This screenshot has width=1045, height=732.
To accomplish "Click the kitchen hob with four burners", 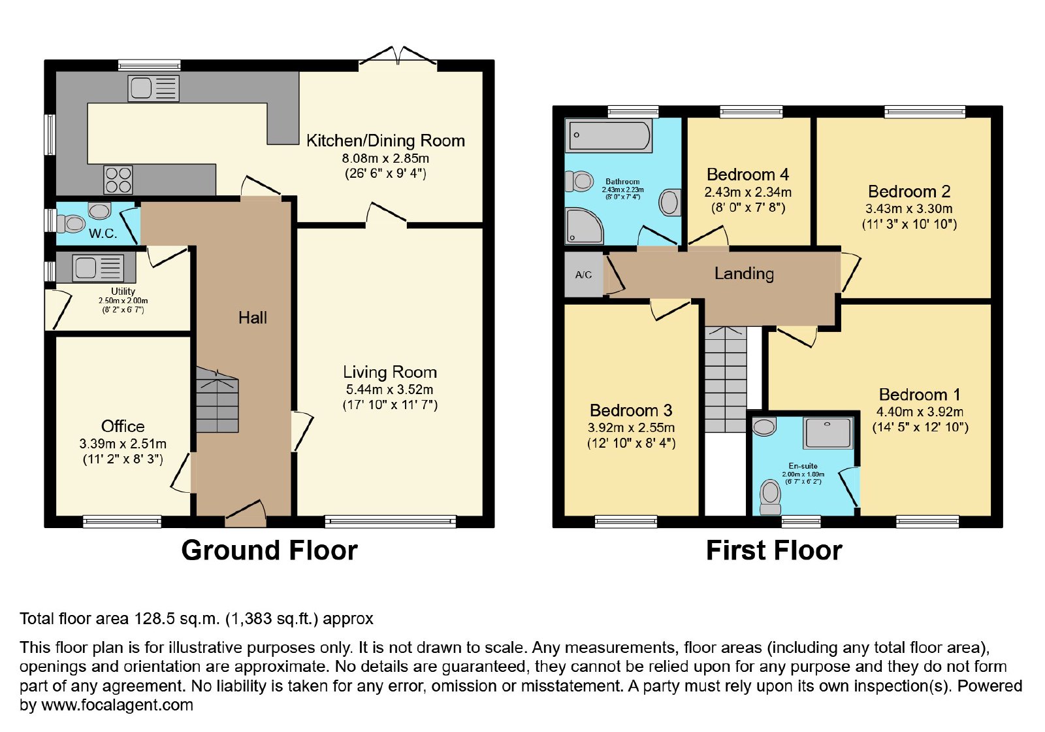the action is coord(118,180).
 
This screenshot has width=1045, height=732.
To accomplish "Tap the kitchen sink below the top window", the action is coord(153,88).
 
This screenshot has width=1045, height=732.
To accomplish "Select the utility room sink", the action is coord(98,268).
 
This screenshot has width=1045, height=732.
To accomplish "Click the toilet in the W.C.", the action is coord(71,224).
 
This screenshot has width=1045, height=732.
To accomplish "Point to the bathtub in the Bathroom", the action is coord(608,135).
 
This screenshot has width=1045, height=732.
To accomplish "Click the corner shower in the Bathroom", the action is coord(583,226).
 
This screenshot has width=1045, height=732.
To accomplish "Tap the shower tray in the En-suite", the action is coord(828,433).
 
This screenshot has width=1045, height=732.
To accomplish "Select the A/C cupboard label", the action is coord(583,275).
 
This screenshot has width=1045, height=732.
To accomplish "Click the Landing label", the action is coord(744,273).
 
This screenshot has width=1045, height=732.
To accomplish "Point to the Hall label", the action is coord(252,318).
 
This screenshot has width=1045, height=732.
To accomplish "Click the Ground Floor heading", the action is coord(269,550).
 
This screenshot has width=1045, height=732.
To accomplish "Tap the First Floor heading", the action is coord(774,550).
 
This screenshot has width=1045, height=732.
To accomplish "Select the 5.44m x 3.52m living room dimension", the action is coord(389,390).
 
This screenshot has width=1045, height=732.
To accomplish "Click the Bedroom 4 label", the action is coord(747,174).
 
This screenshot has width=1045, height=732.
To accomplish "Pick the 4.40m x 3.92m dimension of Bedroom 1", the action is coord(920,412).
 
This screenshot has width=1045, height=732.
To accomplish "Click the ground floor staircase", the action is coord(217,400).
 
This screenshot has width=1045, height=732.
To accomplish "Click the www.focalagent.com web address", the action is coord(117,705).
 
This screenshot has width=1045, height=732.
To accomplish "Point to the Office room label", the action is coord(123,426).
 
